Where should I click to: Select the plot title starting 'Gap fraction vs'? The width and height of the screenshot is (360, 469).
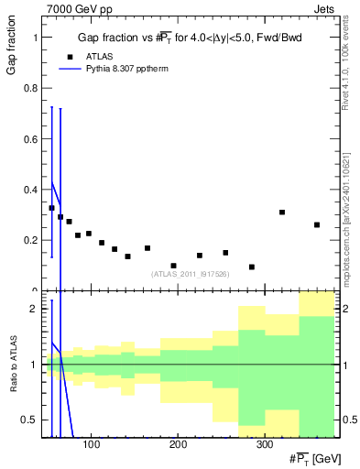click(x=190, y=38)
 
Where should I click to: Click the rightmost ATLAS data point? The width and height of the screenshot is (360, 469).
click(x=317, y=224)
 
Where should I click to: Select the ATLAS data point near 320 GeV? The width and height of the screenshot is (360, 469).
click(x=282, y=212)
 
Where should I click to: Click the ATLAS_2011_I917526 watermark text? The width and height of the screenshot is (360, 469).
click(x=190, y=274)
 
